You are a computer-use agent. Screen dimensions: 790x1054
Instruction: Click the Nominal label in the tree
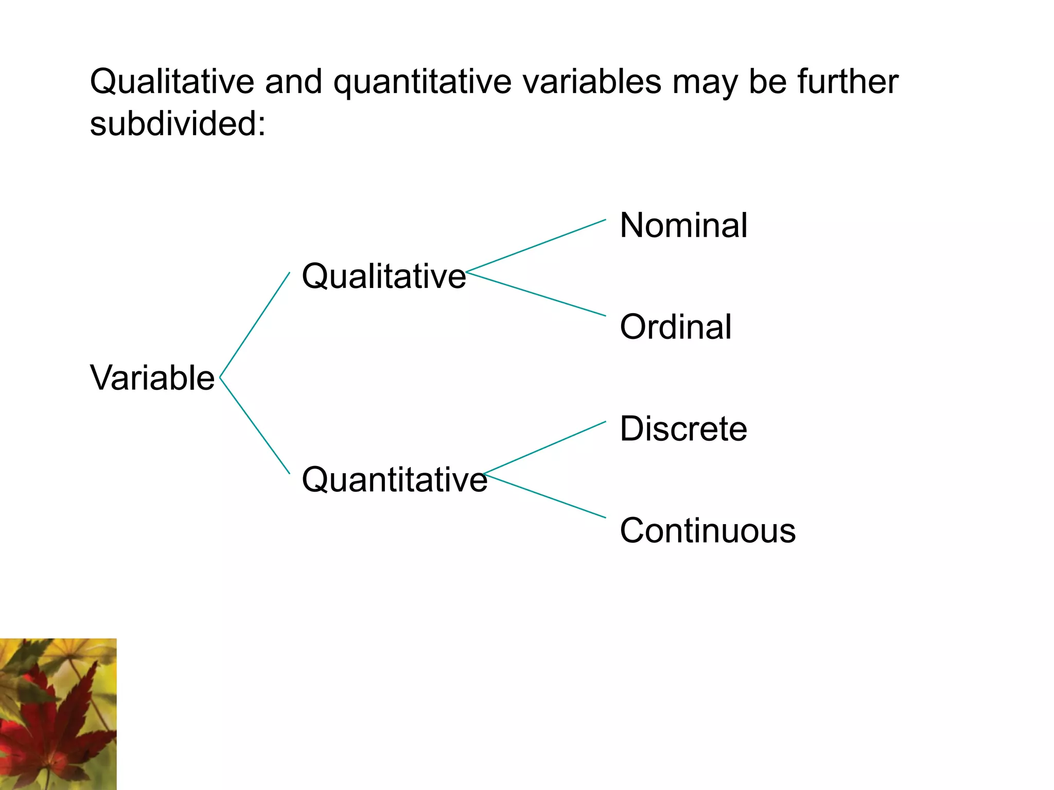pyautogui.click(x=683, y=225)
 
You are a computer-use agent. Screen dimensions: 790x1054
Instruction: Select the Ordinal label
pyautogui.click(x=675, y=327)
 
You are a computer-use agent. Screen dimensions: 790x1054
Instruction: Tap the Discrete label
pyautogui.click(x=683, y=428)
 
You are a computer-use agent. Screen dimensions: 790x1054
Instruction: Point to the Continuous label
pyautogui.click(x=707, y=530)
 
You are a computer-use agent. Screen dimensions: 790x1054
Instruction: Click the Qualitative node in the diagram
pyautogui.click(x=383, y=276)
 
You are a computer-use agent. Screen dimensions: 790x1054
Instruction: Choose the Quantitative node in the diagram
pyautogui.click(x=394, y=479)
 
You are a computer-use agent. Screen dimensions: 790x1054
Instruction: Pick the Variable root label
pyautogui.click(x=152, y=378)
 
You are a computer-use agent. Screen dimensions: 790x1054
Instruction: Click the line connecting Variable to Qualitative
pyautogui.click(x=255, y=325)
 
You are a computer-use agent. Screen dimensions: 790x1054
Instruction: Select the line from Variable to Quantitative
pyautogui.click(x=255, y=425)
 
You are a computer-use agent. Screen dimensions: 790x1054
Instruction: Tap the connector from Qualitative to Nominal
pyautogui.click(x=535, y=246)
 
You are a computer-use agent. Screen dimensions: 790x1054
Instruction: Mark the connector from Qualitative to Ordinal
pyautogui.click(x=535, y=293)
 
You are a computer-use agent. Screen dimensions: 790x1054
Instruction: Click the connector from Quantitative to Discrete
pyautogui.click(x=544, y=447)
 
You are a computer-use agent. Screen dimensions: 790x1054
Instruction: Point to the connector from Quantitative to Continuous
pyautogui.click(x=544, y=495)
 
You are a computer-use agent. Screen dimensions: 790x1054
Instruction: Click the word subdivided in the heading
pyautogui.click(x=178, y=124)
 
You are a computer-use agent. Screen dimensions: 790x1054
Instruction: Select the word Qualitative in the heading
pyautogui.click(x=172, y=82)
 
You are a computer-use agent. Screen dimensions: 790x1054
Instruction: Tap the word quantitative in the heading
pyautogui.click(x=422, y=82)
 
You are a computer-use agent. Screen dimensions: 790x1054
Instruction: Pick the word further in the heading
pyautogui.click(x=848, y=82)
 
